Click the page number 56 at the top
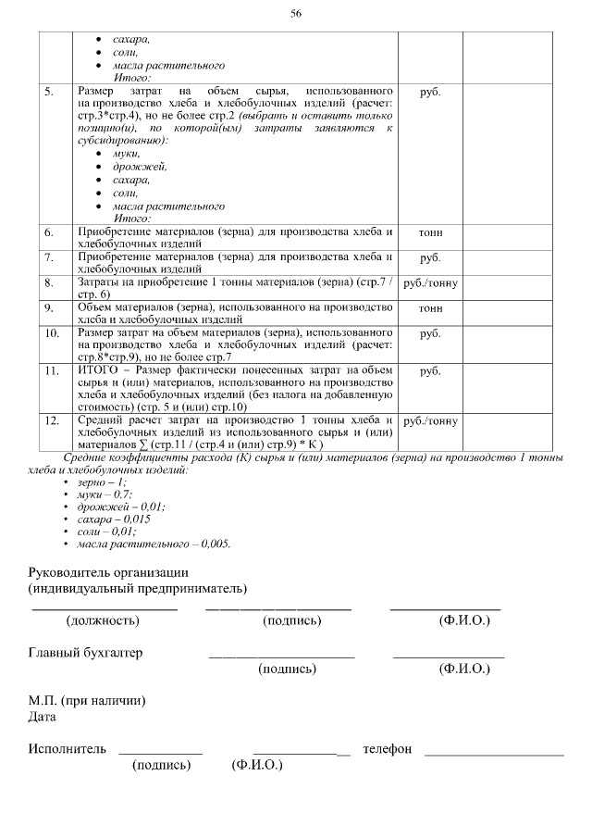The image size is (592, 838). tap(296, 13)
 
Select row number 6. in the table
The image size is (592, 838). tap(49, 231)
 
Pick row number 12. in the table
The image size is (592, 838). tap(52, 420)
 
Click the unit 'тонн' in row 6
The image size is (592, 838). tap(430, 232)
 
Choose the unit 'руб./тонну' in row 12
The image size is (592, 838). tap(431, 421)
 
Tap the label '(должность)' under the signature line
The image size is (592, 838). tap(103, 619)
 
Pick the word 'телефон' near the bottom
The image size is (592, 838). tap(388, 748)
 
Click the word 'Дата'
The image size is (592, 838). tap(43, 717)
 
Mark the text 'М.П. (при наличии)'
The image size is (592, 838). tap(86, 701)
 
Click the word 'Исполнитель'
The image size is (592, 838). tap(67, 748)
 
